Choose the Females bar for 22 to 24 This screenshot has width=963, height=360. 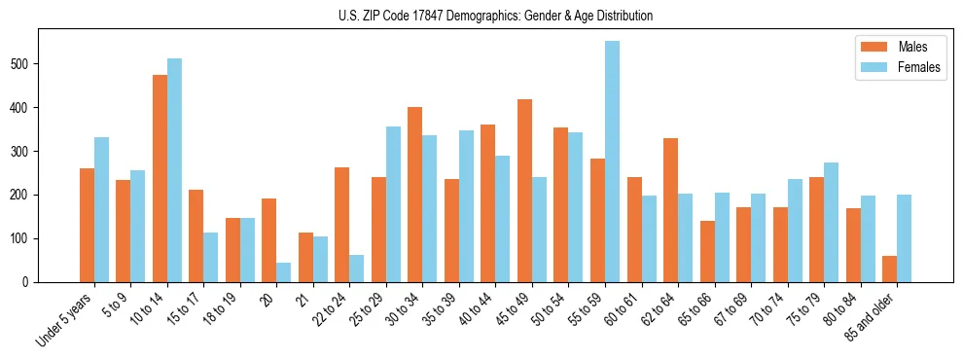(x=357, y=269)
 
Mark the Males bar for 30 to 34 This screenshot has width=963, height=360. (x=415, y=195)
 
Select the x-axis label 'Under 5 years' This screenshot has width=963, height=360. (x=66, y=317)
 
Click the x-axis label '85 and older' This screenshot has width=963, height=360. (x=872, y=314)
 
